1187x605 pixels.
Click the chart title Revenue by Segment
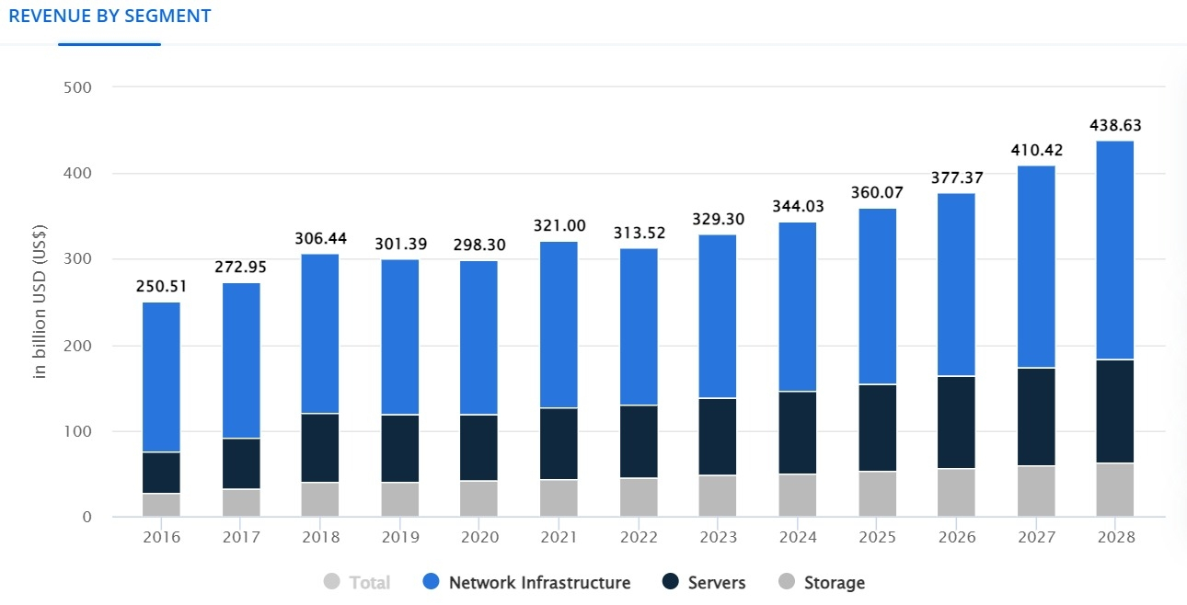(109, 17)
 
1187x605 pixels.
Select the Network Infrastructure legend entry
(539, 582)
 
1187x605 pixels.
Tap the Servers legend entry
(716, 582)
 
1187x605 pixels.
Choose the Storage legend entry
(834, 582)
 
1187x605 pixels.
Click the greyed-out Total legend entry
(369, 582)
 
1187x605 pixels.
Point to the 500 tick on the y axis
(77, 87)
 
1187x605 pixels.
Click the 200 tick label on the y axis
(77, 346)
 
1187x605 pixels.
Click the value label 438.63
(1114, 125)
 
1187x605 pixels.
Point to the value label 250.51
(161, 287)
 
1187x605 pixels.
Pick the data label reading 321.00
(559, 226)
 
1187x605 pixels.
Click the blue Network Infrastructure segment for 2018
(320, 334)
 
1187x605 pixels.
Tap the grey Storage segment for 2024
(797, 495)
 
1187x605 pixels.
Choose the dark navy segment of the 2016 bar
(161, 473)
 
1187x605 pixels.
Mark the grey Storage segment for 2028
(1114, 489)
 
